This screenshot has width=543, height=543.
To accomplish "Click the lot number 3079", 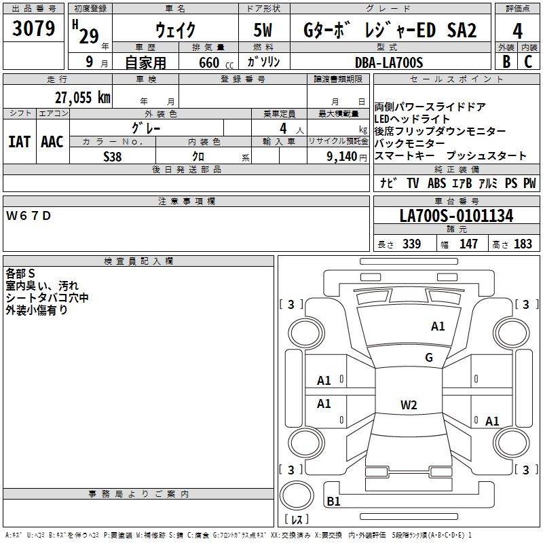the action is (34, 29).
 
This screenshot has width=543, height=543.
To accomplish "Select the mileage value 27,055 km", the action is (82, 98).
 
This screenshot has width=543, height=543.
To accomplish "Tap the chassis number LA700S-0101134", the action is (456, 217).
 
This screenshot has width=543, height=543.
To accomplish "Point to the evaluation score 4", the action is (517, 31).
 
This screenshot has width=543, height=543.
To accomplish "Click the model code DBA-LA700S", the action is (388, 62).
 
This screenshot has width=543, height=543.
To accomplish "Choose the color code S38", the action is (113, 156).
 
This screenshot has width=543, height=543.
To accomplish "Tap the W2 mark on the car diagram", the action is (409, 405).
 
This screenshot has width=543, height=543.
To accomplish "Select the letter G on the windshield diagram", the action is (428, 358).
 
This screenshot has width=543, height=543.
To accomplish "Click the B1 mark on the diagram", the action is (333, 502).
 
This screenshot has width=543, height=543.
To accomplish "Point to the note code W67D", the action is (29, 216).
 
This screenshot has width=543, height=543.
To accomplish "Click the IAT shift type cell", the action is (19, 142).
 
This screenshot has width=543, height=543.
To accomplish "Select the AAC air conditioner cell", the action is (52, 142).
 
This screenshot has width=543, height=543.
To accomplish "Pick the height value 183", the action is (523, 244).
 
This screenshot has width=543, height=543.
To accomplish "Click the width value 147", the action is (468, 244).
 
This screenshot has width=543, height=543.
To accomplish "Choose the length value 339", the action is (411, 244).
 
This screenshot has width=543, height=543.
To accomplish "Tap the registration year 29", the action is (89, 37).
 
